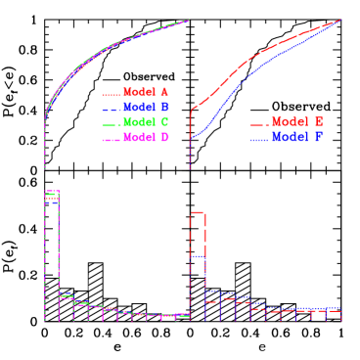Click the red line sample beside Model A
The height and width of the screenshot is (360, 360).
111,93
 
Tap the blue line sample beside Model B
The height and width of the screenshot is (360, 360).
111,108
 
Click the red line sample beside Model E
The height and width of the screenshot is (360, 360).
258,124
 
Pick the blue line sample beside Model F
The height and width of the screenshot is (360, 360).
258,140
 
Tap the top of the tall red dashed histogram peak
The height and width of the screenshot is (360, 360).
197,212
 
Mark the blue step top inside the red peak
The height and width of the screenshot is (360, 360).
197,256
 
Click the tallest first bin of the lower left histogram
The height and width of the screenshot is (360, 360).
52,192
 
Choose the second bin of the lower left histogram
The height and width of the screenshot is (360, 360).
67,295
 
